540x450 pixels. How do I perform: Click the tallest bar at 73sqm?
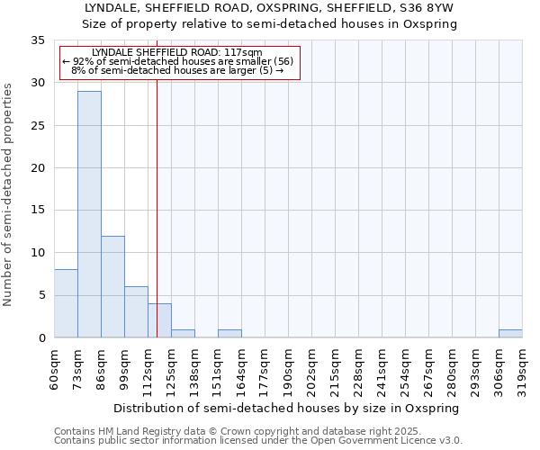[x=89, y=214]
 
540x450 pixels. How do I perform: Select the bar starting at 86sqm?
[x=112, y=286]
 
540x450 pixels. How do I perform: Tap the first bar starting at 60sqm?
[x=66, y=303]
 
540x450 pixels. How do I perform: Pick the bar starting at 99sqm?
[x=136, y=311]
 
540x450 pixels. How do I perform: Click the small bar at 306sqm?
[x=510, y=333]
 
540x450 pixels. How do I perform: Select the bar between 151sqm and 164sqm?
[x=229, y=333]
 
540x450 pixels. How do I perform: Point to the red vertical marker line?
[x=157, y=207]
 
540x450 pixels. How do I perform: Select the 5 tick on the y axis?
[x=41, y=295]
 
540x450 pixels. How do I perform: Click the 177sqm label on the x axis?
[x=265, y=369]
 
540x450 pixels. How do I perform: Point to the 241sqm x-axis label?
[x=382, y=369]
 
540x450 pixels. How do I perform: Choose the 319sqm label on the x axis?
[x=522, y=369]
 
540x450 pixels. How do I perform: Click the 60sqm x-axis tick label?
[x=54, y=369]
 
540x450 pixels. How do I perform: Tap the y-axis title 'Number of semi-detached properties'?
[x=8, y=194]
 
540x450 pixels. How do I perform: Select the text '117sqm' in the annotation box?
[x=243, y=53]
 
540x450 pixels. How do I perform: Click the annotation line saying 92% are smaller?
[x=178, y=61]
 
